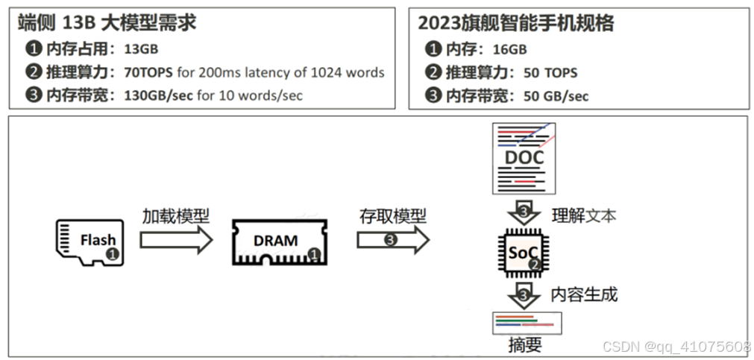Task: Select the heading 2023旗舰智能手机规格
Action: (x=516, y=23)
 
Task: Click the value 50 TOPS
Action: (x=550, y=72)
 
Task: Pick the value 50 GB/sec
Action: (x=556, y=95)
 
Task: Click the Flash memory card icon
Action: (x=92, y=240)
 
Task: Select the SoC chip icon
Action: (x=524, y=253)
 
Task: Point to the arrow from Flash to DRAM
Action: (x=176, y=240)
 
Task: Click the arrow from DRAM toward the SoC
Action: (x=392, y=240)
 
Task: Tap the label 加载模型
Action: (x=176, y=216)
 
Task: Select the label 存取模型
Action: (x=392, y=216)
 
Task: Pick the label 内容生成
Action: (x=584, y=294)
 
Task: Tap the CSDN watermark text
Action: (x=676, y=347)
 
